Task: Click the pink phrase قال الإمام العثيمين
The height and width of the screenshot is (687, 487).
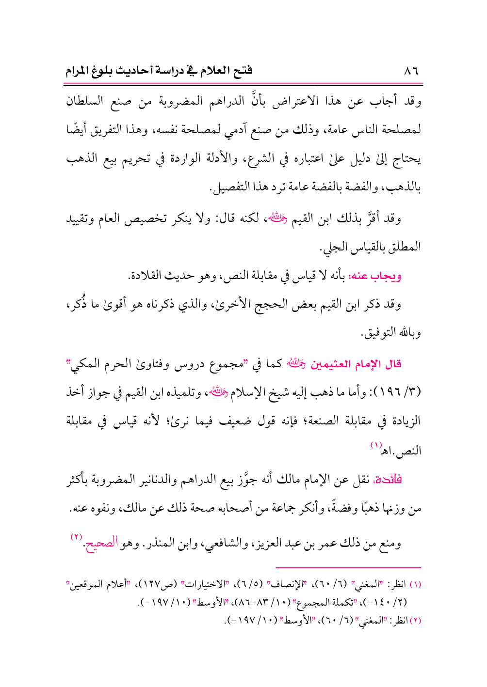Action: tap(356, 364)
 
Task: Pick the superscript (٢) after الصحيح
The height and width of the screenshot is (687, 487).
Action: tap(77, 537)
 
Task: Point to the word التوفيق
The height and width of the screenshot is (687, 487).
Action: tap(379, 333)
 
